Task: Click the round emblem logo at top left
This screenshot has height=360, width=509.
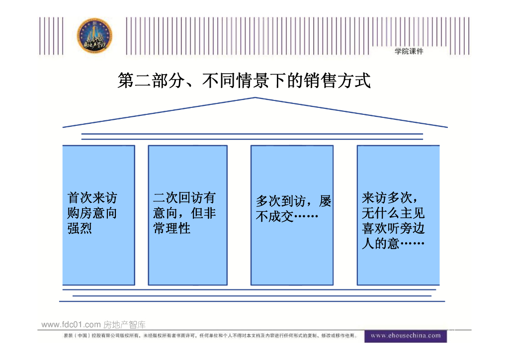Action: tap(94, 37)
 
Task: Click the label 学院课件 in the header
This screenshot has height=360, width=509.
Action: tap(409, 52)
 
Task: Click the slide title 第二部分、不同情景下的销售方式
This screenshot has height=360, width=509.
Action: tap(244, 81)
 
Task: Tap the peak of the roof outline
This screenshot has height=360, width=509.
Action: tap(255, 98)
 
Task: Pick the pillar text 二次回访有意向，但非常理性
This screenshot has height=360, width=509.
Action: tap(184, 213)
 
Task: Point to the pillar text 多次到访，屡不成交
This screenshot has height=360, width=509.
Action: tap(293, 209)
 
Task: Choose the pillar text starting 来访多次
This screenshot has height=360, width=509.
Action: tap(393, 221)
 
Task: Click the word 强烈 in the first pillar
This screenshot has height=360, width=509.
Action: tap(80, 229)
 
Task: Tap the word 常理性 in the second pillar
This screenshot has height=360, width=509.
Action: tap(172, 229)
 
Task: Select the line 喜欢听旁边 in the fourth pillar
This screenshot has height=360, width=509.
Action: tap(393, 229)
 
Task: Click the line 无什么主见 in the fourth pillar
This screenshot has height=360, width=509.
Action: tap(393, 213)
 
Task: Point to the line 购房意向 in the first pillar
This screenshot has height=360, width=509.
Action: tap(92, 213)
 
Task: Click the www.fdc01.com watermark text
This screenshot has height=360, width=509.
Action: tap(71, 325)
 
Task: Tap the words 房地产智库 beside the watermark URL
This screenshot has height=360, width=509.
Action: tap(124, 325)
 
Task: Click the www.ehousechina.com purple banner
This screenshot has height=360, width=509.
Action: tap(406, 336)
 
